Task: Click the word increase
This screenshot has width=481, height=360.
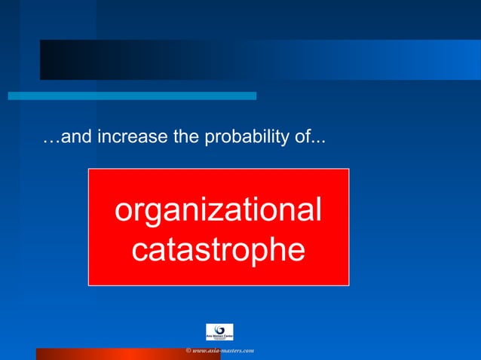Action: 118,139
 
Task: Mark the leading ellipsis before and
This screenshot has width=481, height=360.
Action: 50,141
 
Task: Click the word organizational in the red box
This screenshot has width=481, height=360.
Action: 218,212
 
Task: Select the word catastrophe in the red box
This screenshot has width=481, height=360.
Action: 218,250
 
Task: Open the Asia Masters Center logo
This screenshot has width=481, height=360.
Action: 219,331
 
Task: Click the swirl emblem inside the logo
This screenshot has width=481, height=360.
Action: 219,329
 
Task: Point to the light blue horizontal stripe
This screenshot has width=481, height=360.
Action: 132,96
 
